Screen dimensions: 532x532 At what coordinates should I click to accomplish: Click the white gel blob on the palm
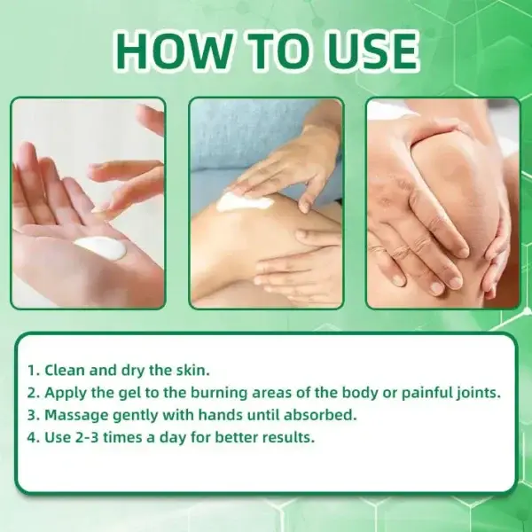pyautogui.click(x=99, y=246)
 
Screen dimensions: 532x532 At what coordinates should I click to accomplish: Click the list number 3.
pyautogui.click(x=32, y=414)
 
